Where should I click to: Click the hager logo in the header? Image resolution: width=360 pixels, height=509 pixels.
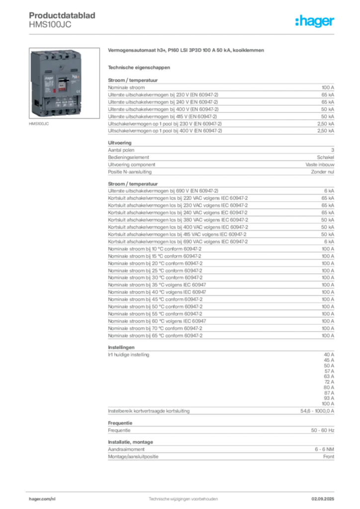(315, 21)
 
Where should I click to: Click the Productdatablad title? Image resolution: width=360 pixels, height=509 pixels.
(62, 15)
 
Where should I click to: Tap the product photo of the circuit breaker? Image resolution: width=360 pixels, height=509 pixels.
(64, 83)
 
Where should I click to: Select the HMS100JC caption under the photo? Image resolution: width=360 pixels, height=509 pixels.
(39, 124)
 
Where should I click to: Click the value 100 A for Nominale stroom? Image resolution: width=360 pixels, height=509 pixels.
(328, 87)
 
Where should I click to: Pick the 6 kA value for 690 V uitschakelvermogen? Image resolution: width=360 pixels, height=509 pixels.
(329, 191)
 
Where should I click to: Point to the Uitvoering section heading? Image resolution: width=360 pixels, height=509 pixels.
(120, 143)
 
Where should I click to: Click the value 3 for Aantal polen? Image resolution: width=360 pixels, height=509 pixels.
(333, 150)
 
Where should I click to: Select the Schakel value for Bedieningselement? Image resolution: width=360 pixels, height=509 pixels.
(326, 157)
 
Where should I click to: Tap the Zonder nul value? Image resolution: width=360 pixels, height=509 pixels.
(323, 171)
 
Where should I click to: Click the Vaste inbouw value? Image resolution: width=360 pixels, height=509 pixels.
(320, 165)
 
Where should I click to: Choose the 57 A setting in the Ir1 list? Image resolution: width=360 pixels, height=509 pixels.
(329, 371)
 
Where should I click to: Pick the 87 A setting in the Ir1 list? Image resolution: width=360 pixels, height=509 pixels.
(329, 393)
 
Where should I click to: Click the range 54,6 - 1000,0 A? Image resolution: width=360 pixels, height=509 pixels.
(317, 411)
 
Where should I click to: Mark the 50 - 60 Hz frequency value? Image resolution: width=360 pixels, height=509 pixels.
(323, 430)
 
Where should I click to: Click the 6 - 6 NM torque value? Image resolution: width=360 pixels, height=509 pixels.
(324, 449)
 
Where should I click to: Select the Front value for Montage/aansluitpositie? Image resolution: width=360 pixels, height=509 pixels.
(329, 456)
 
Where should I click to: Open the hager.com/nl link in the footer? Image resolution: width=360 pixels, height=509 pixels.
(42, 499)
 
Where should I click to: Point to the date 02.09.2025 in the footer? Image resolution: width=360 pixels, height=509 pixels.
(323, 499)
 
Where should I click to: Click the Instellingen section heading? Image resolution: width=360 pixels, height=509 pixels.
(121, 347)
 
